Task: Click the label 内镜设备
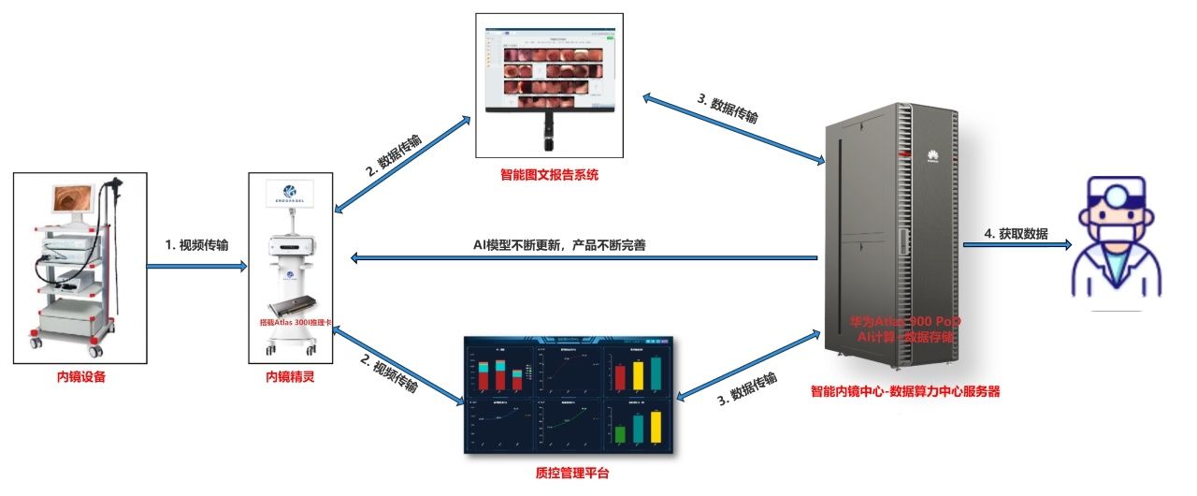point(80,378)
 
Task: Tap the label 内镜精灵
point(290,378)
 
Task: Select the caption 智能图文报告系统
point(549,174)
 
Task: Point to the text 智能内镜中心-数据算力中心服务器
point(905,392)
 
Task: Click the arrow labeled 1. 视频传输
point(196,266)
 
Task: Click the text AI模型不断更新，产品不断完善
point(560,245)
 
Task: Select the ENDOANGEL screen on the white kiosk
point(292,197)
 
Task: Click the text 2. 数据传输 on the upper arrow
point(393,155)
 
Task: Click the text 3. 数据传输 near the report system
point(728,110)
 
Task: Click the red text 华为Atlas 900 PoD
point(905,321)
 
